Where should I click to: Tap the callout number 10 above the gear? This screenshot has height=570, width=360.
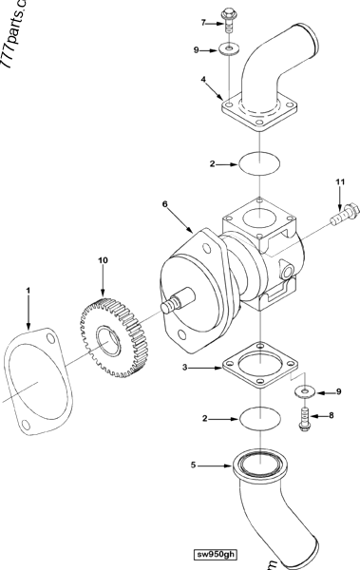tap(104, 257)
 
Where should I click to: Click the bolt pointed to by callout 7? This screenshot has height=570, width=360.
tap(229, 20)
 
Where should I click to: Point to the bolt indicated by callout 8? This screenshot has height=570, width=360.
tap(304, 417)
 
